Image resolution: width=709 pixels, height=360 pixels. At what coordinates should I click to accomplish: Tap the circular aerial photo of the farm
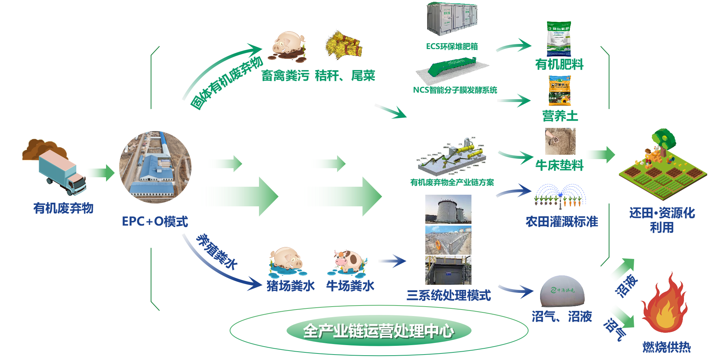pos(155,167)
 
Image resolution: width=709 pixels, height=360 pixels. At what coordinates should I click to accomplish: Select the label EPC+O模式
pos(155,221)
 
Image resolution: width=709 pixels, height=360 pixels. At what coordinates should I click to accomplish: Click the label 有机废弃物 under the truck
pos(63,208)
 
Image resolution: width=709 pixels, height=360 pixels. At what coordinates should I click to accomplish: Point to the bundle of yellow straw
pos(344,45)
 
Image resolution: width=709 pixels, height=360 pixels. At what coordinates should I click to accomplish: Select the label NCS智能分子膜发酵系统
pos(455,90)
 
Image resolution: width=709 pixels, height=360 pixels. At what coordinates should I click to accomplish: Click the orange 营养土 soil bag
pos(559,91)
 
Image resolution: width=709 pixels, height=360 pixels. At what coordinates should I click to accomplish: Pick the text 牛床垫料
pos(559,165)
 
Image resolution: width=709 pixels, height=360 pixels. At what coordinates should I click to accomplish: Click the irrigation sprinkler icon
pos(560,197)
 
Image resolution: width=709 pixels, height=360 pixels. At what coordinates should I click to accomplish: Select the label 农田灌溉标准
pos(562,221)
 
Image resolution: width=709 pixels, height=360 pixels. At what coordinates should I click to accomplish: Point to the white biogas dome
pos(562,291)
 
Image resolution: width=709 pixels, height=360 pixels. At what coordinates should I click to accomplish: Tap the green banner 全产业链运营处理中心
pos(378,331)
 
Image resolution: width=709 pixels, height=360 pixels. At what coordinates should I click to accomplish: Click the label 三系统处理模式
pos(449,295)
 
